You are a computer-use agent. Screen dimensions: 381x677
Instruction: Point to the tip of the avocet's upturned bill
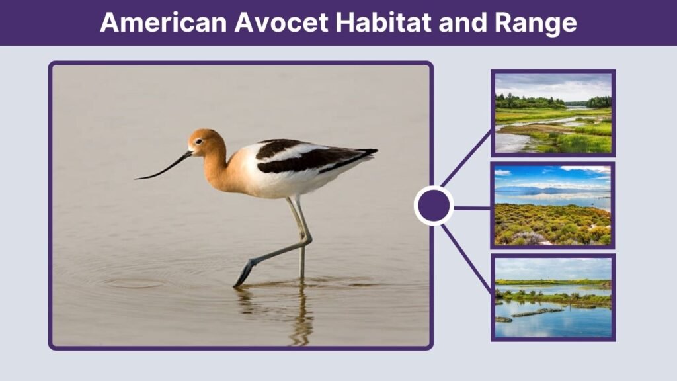(x=137, y=179)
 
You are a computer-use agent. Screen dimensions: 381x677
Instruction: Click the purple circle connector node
(x=434, y=206)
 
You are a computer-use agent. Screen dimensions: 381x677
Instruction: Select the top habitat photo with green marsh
(x=553, y=113)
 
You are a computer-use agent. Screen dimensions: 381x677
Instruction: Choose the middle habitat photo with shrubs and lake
(x=553, y=205)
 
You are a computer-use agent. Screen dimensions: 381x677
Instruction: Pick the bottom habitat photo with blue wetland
(x=553, y=298)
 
